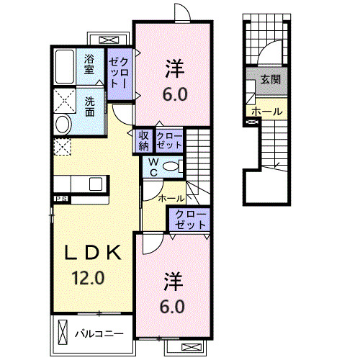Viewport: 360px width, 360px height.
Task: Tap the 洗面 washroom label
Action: pyautogui.click(x=91, y=106)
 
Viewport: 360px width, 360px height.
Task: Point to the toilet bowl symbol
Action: pyautogui.click(x=172, y=166)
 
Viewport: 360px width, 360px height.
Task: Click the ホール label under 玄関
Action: pyautogui.click(x=267, y=112)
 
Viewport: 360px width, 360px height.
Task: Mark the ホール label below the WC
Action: pyautogui.click(x=171, y=197)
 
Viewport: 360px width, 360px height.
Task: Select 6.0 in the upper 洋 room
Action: pyautogui.click(x=174, y=94)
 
